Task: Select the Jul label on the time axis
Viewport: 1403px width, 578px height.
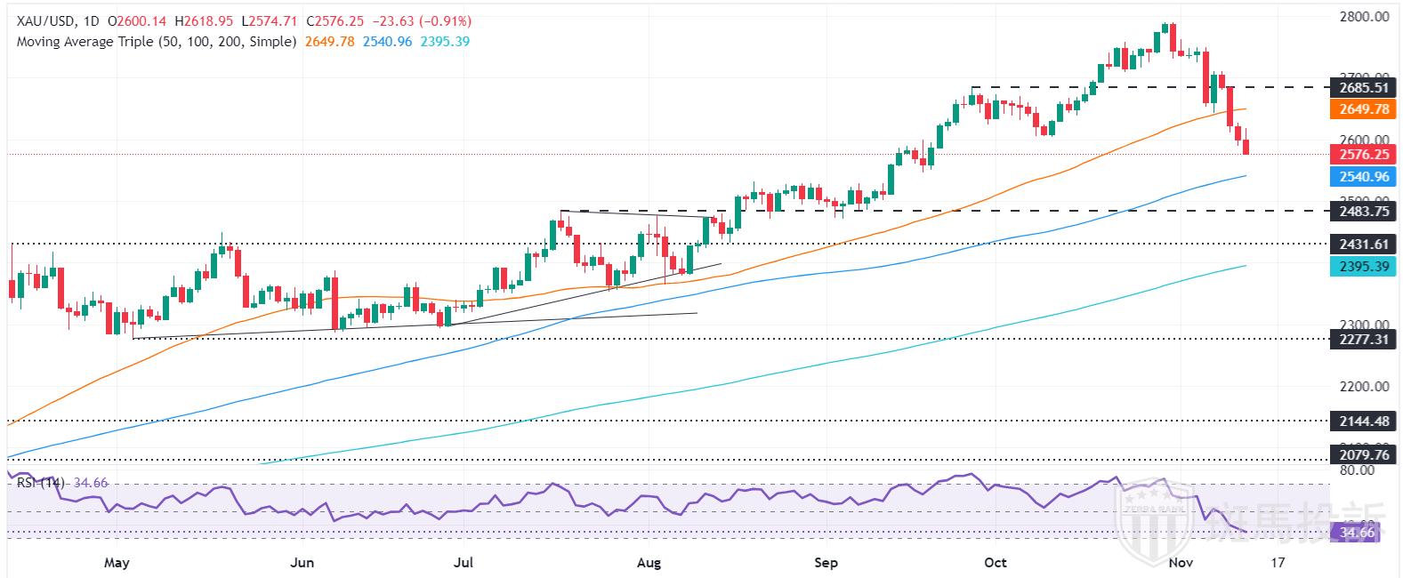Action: pos(464,563)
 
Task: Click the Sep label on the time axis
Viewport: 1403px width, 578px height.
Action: pos(826,563)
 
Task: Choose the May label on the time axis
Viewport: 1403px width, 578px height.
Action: pos(117,563)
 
